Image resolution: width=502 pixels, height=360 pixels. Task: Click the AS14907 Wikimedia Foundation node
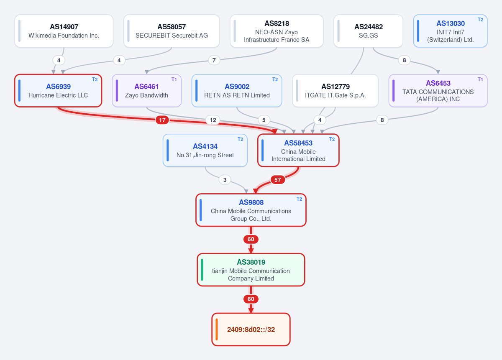point(64,31)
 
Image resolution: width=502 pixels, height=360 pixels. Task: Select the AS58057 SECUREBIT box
point(172,31)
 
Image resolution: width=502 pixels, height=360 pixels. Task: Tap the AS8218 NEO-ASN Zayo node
point(277,31)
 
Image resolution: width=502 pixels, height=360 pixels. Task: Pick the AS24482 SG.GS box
point(368,31)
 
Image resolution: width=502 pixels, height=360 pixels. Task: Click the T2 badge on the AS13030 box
point(480,20)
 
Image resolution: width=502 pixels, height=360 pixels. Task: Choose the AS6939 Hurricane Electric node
point(58,91)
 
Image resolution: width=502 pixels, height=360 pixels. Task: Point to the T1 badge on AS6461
point(174,79)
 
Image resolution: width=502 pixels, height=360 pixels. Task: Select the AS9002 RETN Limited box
point(237,91)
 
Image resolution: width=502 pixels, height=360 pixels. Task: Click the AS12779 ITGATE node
point(335,91)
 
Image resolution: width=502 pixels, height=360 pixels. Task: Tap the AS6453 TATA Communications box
point(438,91)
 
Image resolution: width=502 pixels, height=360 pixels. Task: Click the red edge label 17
point(162,120)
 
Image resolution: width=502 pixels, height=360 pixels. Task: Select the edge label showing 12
point(213,120)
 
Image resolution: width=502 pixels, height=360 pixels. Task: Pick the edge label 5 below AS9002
point(264,120)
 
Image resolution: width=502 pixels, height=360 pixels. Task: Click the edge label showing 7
point(214,60)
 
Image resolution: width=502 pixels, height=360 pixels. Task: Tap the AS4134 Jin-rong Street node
point(205,151)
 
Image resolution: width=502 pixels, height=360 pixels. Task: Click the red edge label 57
point(278,180)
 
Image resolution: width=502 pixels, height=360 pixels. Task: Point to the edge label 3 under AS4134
point(225,180)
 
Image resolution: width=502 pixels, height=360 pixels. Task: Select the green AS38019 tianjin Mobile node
point(251,270)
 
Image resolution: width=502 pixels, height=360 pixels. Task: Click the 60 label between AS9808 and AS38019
point(251,239)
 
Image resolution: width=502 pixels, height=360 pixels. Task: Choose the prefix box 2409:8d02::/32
point(251,329)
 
